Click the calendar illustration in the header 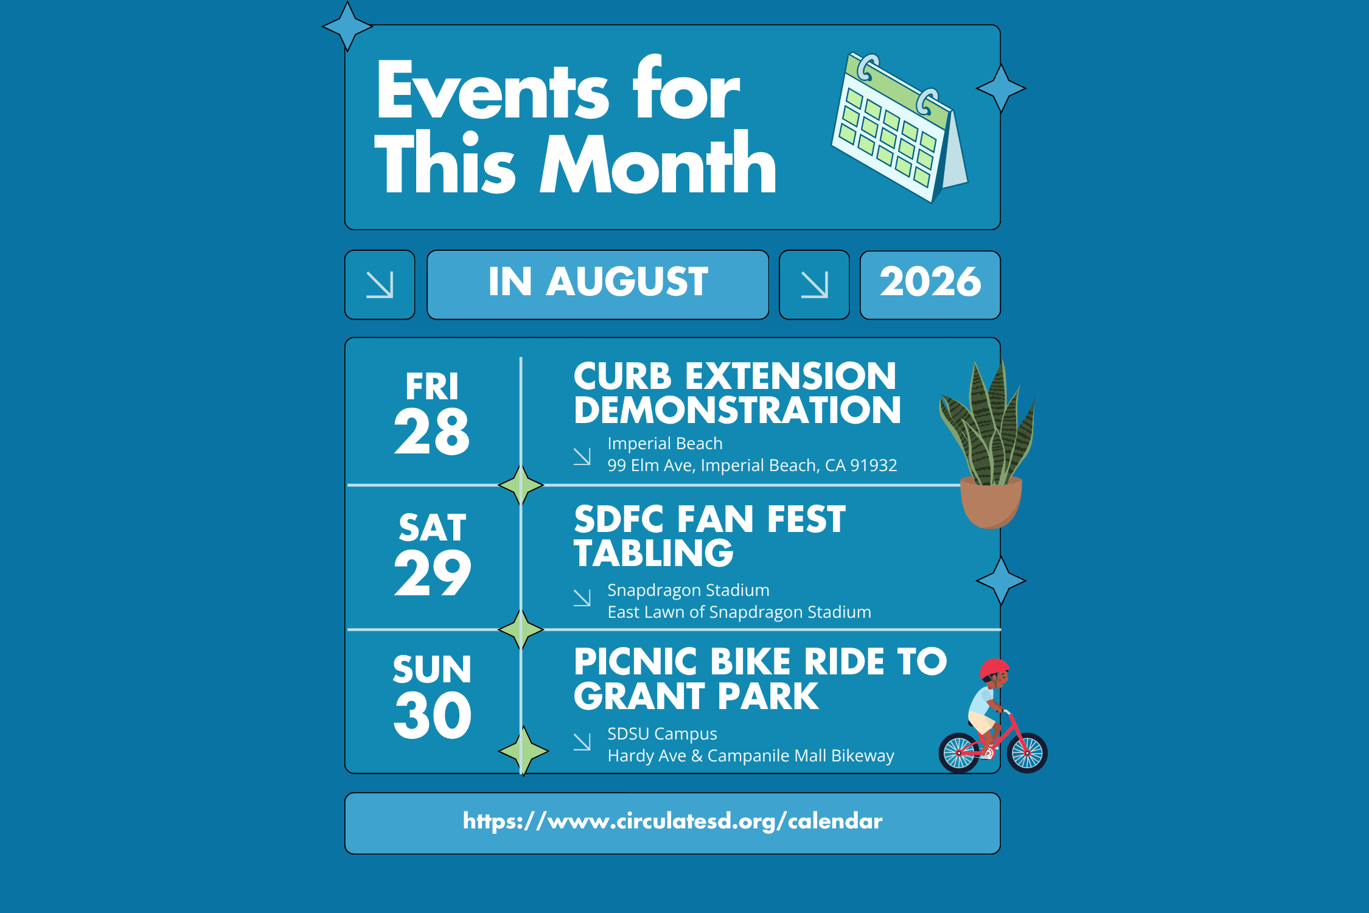coord(899,128)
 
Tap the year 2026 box coord(930,284)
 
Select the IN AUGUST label coord(598,282)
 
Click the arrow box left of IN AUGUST coord(380,284)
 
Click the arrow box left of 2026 coord(814,284)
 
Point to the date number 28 coord(432,432)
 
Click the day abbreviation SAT coord(433,527)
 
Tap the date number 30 coord(433,715)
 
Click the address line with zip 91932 coord(752,466)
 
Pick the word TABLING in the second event coord(654,553)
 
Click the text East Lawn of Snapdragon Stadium coord(739,612)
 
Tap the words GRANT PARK coord(696,696)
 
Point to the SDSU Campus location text coord(662,734)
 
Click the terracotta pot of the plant coord(991,503)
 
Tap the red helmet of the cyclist coord(994,668)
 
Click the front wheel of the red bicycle coord(1027,753)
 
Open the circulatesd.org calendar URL coord(672,822)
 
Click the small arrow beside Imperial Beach coord(582,456)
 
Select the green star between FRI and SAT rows coord(521,485)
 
